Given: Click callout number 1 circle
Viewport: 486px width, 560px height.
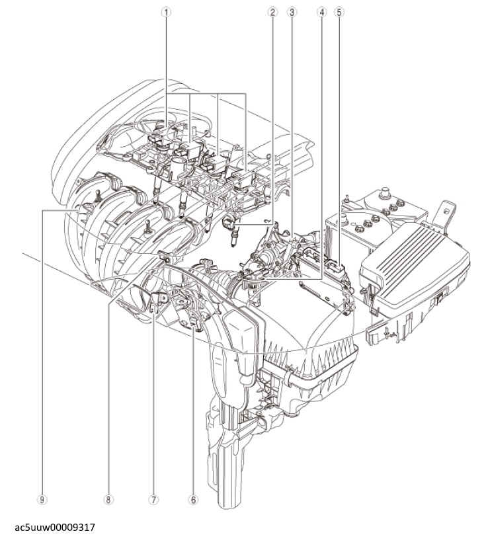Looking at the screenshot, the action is pos(166,12).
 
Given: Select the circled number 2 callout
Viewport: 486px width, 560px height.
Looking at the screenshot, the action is pos(272,12).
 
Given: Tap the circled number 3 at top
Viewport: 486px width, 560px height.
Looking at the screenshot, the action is pos(292,12).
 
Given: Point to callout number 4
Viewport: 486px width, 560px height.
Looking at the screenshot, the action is pos(322,12).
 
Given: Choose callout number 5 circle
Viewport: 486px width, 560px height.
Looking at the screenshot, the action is pos(339,12).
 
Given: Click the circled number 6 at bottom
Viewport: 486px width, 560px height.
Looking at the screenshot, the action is pos(193,500).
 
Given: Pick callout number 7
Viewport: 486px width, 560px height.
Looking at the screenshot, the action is pos(153,500).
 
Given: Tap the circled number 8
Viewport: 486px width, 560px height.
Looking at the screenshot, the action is pos(108,500).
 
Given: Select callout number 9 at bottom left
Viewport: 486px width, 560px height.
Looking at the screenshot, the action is pos(42,500).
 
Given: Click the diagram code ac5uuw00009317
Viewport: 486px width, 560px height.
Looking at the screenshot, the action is pos(55,528).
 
